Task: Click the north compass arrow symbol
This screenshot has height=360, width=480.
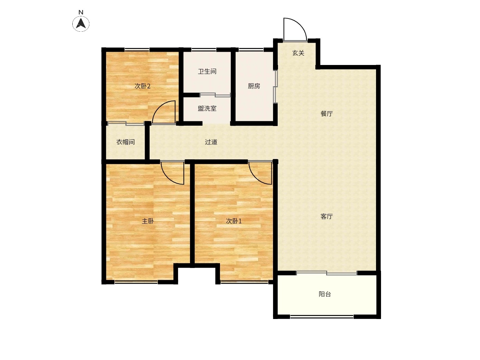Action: coord(81,24)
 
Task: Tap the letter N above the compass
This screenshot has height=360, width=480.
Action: coord(81,12)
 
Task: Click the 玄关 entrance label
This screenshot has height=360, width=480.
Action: coord(298,53)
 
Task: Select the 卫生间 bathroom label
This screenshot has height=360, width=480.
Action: coord(207,71)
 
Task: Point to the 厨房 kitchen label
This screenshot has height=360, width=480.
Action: coord(254,86)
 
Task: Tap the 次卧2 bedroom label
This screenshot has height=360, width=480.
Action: coord(142,86)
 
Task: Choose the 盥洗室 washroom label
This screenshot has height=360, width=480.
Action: coord(207,108)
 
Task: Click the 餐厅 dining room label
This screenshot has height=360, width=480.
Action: coord(326,114)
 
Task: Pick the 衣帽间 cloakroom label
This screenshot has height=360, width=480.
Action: coord(125,142)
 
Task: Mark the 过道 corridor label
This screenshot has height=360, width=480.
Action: coord(211,142)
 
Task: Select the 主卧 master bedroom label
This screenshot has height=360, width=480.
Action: coord(148,221)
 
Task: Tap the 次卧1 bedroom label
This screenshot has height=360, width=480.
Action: coord(234,221)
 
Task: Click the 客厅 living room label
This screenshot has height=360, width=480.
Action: coord(326,216)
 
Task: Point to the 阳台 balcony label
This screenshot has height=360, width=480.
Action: coord(325,294)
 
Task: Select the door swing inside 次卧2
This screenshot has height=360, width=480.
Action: coord(159,106)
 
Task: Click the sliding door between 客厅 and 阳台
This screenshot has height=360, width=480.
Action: coord(326,273)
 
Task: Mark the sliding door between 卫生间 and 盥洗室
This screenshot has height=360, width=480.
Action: coord(215,95)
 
